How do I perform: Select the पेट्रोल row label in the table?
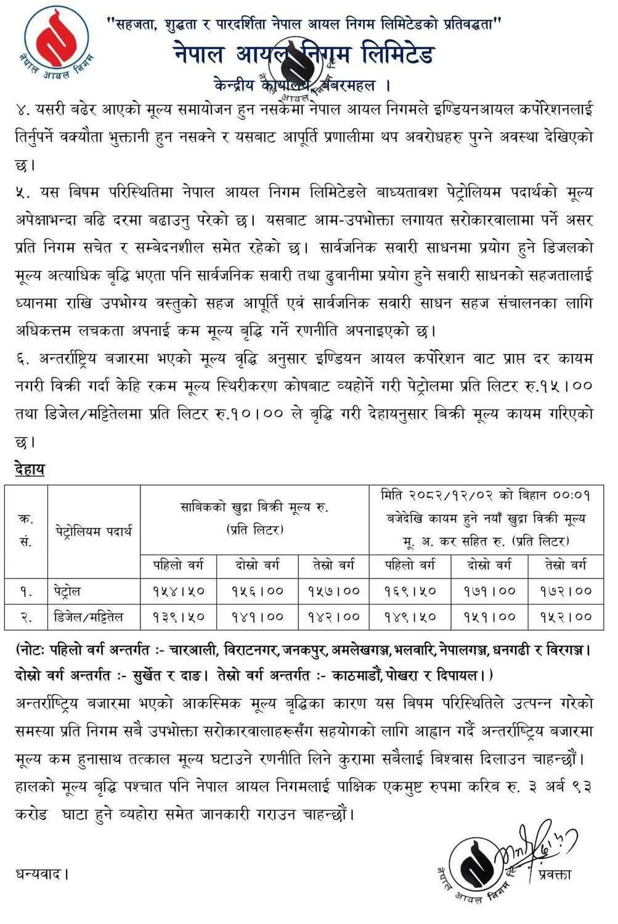click(x=66, y=591)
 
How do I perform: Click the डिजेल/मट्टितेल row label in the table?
click(x=88, y=617)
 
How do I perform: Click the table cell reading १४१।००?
click(x=258, y=617)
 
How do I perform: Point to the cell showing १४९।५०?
click(x=410, y=617)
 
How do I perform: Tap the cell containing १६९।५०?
click(x=410, y=591)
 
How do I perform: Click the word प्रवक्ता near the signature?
click(x=554, y=874)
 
